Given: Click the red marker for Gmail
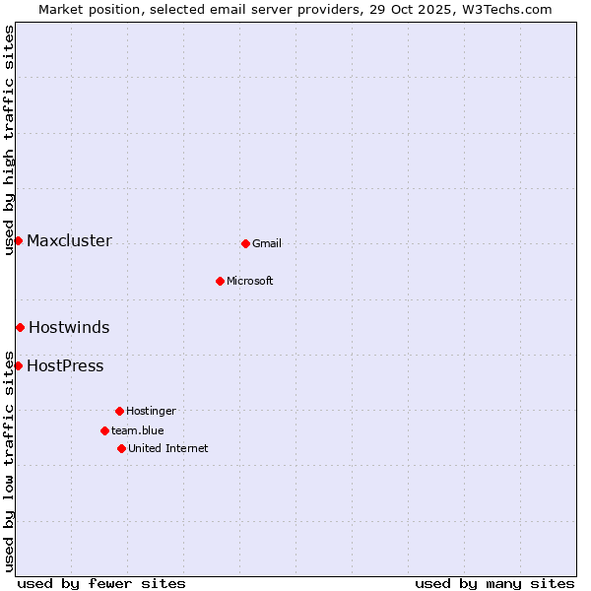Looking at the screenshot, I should (245, 243).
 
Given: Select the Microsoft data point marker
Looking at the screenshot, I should (220, 281).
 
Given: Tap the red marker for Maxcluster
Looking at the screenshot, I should (18, 241).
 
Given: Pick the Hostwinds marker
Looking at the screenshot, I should (20, 327).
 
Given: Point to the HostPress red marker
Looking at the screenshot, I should (18, 365).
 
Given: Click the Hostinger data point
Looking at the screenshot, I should (119, 411).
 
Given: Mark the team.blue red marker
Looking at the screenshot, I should (104, 430).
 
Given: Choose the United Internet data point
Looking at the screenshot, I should (121, 448).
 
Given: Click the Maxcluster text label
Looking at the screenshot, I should (69, 241).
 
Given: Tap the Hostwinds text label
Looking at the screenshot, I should (69, 328).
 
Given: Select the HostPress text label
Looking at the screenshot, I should (65, 366).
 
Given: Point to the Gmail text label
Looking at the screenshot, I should (267, 244).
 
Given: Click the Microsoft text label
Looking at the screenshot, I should (250, 282).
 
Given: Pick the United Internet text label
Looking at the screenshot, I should (168, 449).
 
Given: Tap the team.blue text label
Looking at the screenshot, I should (138, 430).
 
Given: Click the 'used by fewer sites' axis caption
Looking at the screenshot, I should (101, 583).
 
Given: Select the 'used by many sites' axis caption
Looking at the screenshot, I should (494, 583).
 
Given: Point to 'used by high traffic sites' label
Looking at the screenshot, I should (9, 140).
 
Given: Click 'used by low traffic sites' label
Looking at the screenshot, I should (9, 460).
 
